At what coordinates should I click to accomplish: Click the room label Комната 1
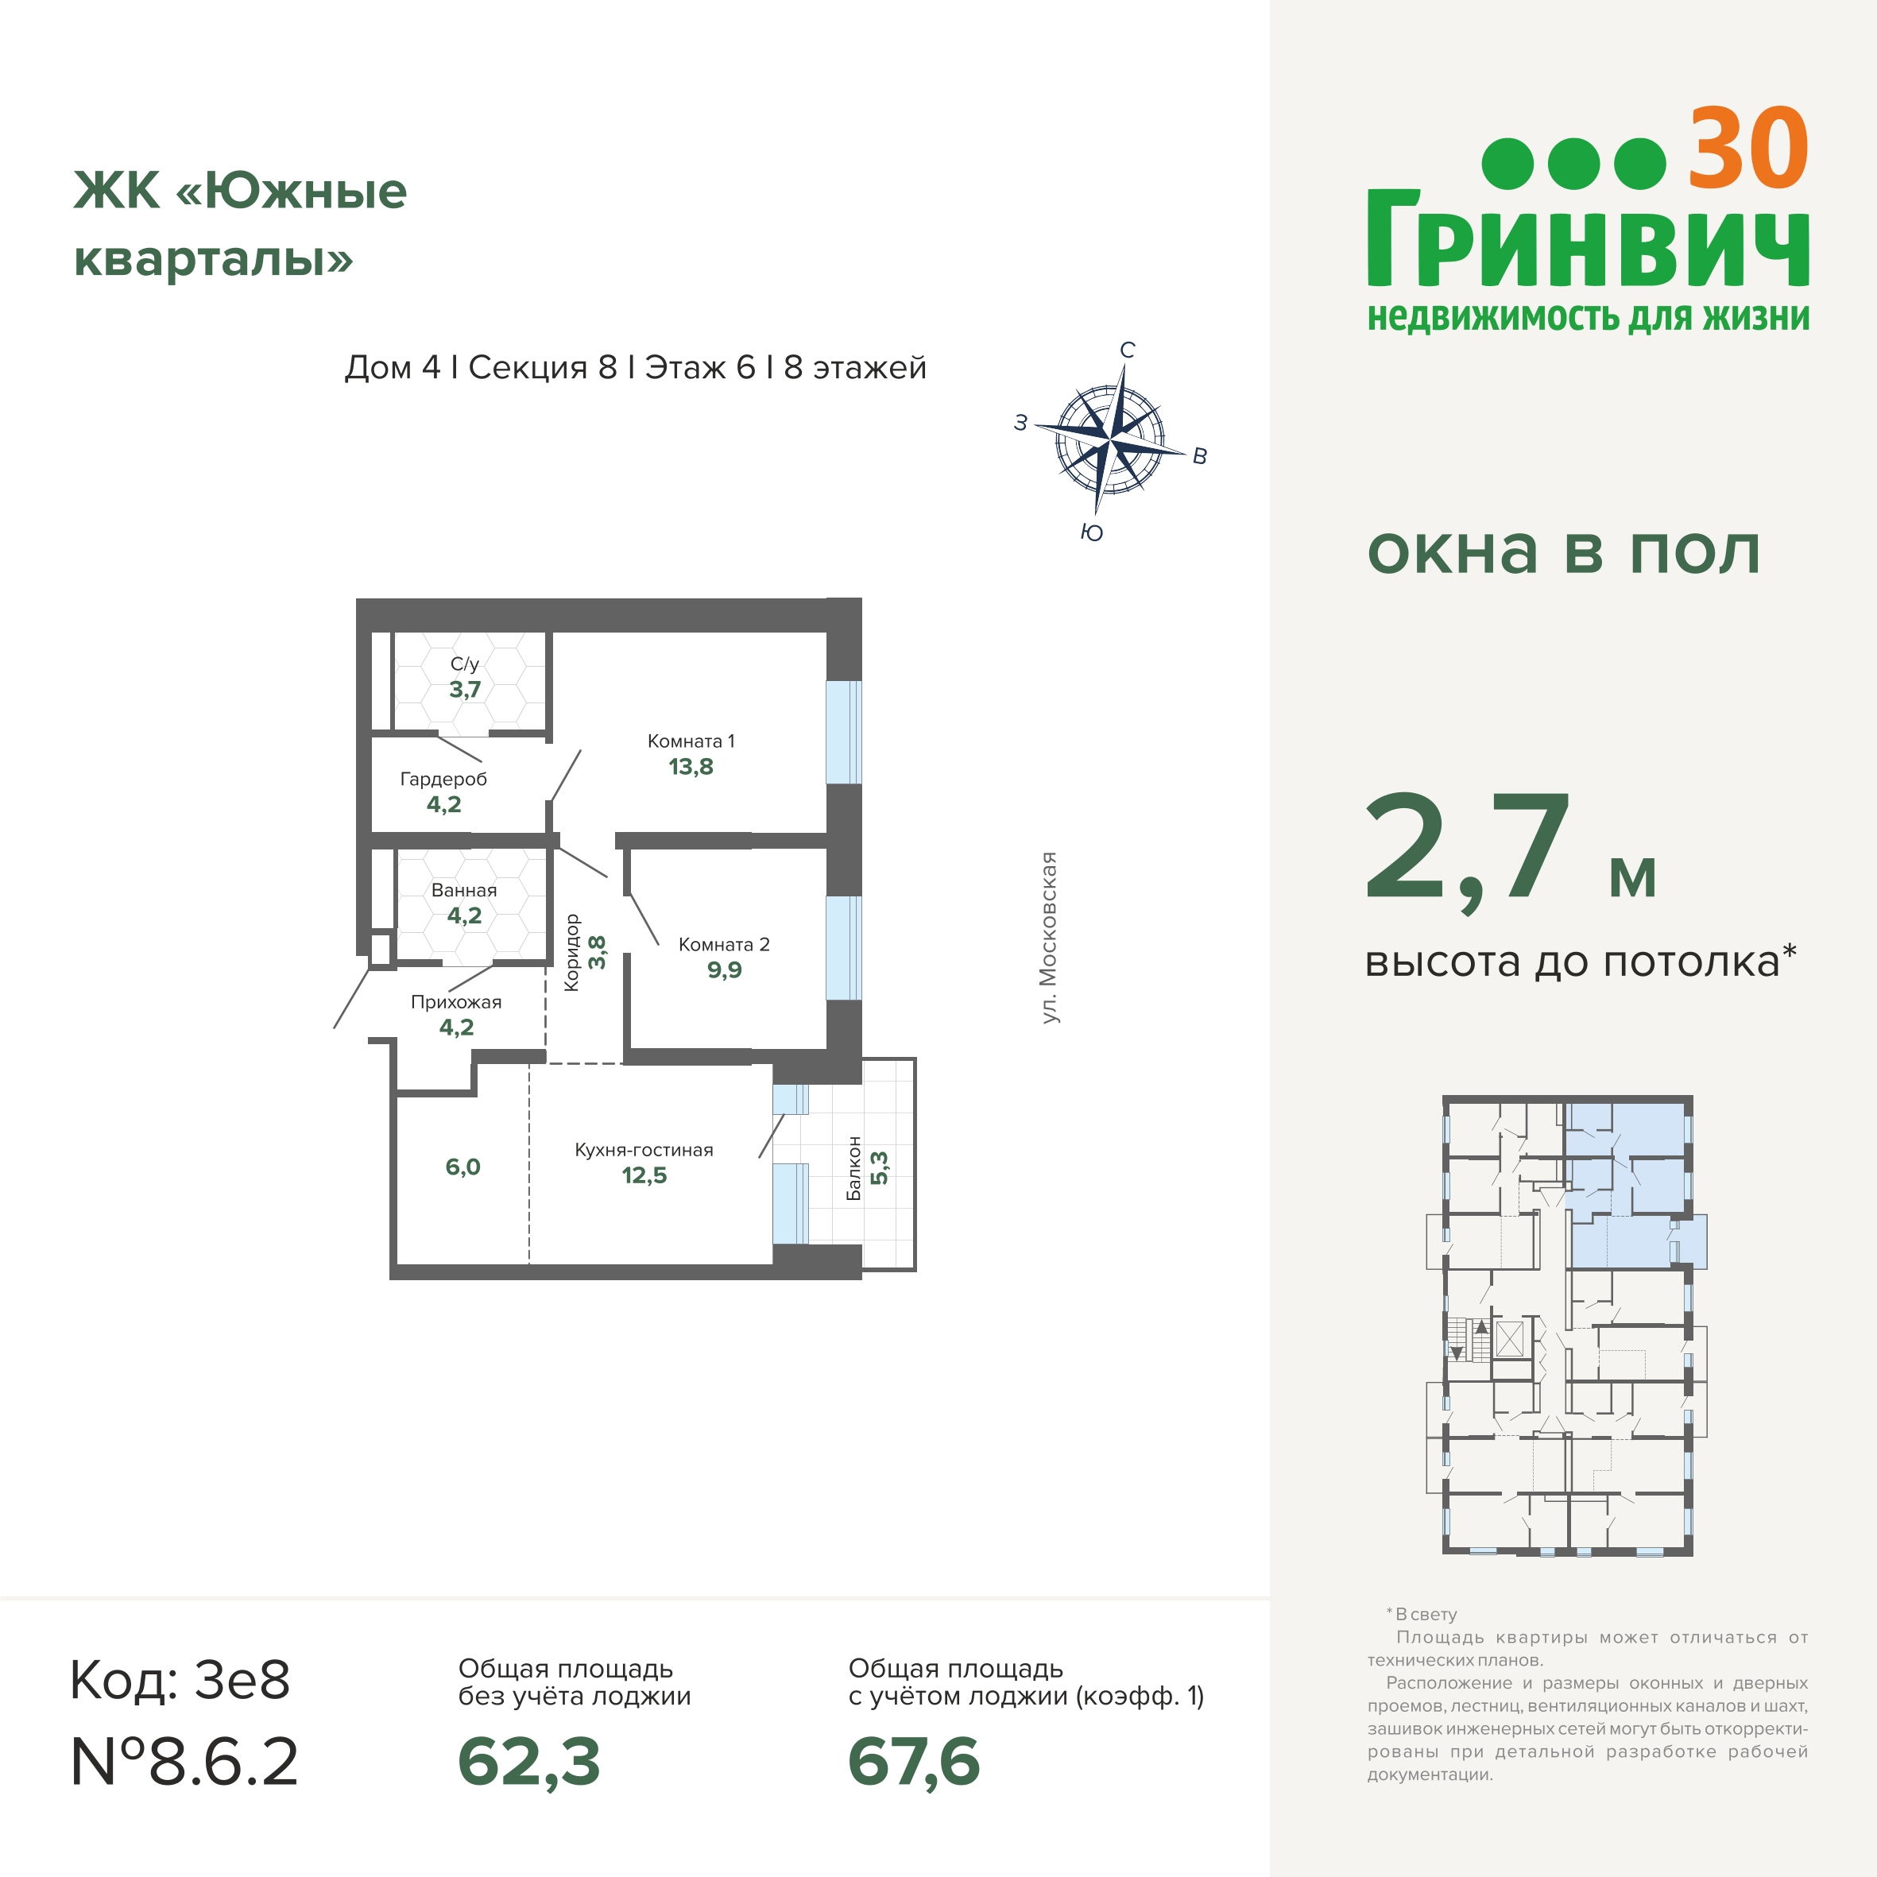tap(691, 741)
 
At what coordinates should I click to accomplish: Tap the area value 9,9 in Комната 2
tap(724, 969)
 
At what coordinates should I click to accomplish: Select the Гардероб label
tap(443, 779)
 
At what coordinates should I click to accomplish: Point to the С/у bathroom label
tap(464, 664)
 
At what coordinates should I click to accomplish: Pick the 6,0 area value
tap(462, 1167)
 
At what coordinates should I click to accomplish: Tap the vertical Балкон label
tap(854, 1169)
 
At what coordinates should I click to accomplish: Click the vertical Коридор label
tap(571, 952)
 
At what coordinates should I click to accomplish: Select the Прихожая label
tap(455, 1001)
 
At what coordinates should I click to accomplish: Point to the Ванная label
tap(463, 890)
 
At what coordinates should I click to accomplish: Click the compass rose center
tap(1109, 440)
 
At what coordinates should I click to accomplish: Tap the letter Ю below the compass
tap(1092, 532)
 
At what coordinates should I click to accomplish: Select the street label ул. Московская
tap(1048, 938)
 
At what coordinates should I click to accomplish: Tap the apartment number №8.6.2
tap(184, 1762)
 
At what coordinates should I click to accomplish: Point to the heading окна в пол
tap(1563, 551)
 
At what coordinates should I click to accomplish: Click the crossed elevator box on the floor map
tap(1509, 1339)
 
